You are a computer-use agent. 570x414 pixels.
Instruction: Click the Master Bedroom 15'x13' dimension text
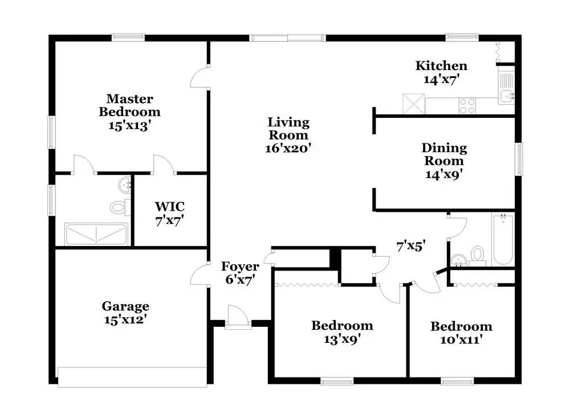[130, 126]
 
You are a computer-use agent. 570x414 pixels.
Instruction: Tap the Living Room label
[288, 129]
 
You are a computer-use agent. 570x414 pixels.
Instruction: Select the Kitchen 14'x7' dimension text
[442, 79]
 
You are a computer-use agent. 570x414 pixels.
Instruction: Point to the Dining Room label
[444, 154]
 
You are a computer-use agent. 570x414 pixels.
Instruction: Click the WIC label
[170, 206]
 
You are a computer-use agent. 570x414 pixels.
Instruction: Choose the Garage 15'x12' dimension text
[125, 319]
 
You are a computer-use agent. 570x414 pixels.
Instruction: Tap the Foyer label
[240, 266]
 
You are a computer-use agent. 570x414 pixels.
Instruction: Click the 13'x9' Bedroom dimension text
[342, 339]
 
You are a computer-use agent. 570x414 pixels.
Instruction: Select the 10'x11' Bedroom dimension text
[461, 339]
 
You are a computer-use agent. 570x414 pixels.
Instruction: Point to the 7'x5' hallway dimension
[411, 246]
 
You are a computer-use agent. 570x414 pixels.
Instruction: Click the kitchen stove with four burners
[467, 106]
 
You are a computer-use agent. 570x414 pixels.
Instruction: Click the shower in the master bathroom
[96, 234]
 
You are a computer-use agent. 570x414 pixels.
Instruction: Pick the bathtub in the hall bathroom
[503, 240]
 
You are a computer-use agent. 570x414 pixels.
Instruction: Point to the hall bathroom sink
[459, 260]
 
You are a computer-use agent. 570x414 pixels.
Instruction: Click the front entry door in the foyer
[238, 317]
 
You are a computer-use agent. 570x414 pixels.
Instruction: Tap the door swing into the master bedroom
[199, 77]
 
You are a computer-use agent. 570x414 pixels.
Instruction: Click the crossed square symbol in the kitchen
[414, 104]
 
